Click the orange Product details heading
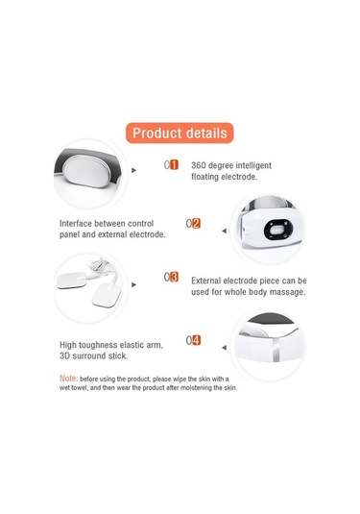[x=180, y=133]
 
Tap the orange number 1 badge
[x=175, y=164]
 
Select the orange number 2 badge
[x=196, y=223]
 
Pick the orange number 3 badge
[x=175, y=277]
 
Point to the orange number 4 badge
[x=196, y=340]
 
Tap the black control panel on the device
[x=278, y=229]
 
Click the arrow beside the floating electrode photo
[x=133, y=170]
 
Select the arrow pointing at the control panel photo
[x=225, y=231]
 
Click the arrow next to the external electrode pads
[x=133, y=284]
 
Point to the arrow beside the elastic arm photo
[x=225, y=348]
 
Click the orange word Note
[x=68, y=379]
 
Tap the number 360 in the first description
[x=199, y=165]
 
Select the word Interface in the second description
[x=76, y=224]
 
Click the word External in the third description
[x=206, y=281]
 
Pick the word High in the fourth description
[x=68, y=345]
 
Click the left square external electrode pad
[x=72, y=281]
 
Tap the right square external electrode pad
[x=107, y=295]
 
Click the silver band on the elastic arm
[x=276, y=350]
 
